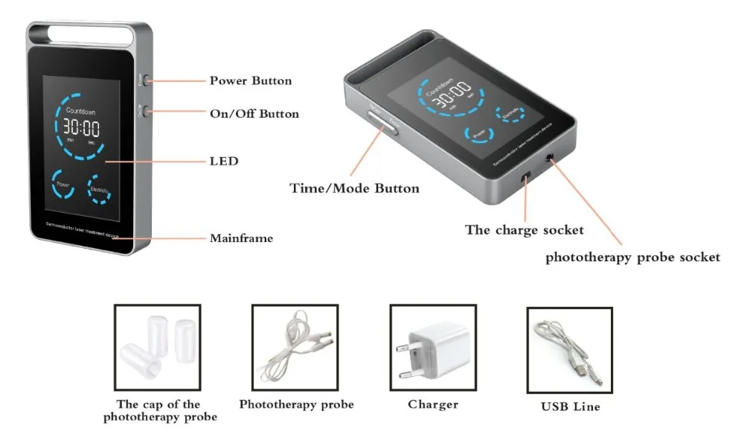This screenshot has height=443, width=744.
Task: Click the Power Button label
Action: pyautogui.click(x=250, y=81)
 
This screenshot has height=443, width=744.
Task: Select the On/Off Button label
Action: pyautogui.click(x=254, y=115)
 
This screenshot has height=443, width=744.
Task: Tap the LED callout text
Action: pyautogui.click(x=224, y=161)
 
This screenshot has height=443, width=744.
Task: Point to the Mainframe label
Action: pyautogui.click(x=241, y=239)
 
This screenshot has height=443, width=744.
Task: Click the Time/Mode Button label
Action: pyautogui.click(x=354, y=188)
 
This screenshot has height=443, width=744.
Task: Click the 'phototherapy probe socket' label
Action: pyautogui.click(x=632, y=258)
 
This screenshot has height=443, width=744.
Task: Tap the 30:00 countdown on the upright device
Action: pyautogui.click(x=81, y=127)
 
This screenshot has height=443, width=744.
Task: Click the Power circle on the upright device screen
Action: pyautogui.click(x=62, y=186)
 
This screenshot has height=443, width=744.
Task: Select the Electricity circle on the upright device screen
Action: pyautogui.click(x=100, y=188)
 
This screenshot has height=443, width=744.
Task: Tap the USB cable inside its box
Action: pyautogui.click(x=569, y=349)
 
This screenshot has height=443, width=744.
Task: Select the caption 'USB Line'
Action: pyautogui.click(x=570, y=407)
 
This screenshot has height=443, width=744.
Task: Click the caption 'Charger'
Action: pyautogui.click(x=433, y=405)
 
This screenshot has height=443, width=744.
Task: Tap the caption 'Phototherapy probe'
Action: pyautogui.click(x=296, y=405)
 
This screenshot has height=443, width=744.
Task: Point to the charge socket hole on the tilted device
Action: pyautogui.click(x=525, y=176)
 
